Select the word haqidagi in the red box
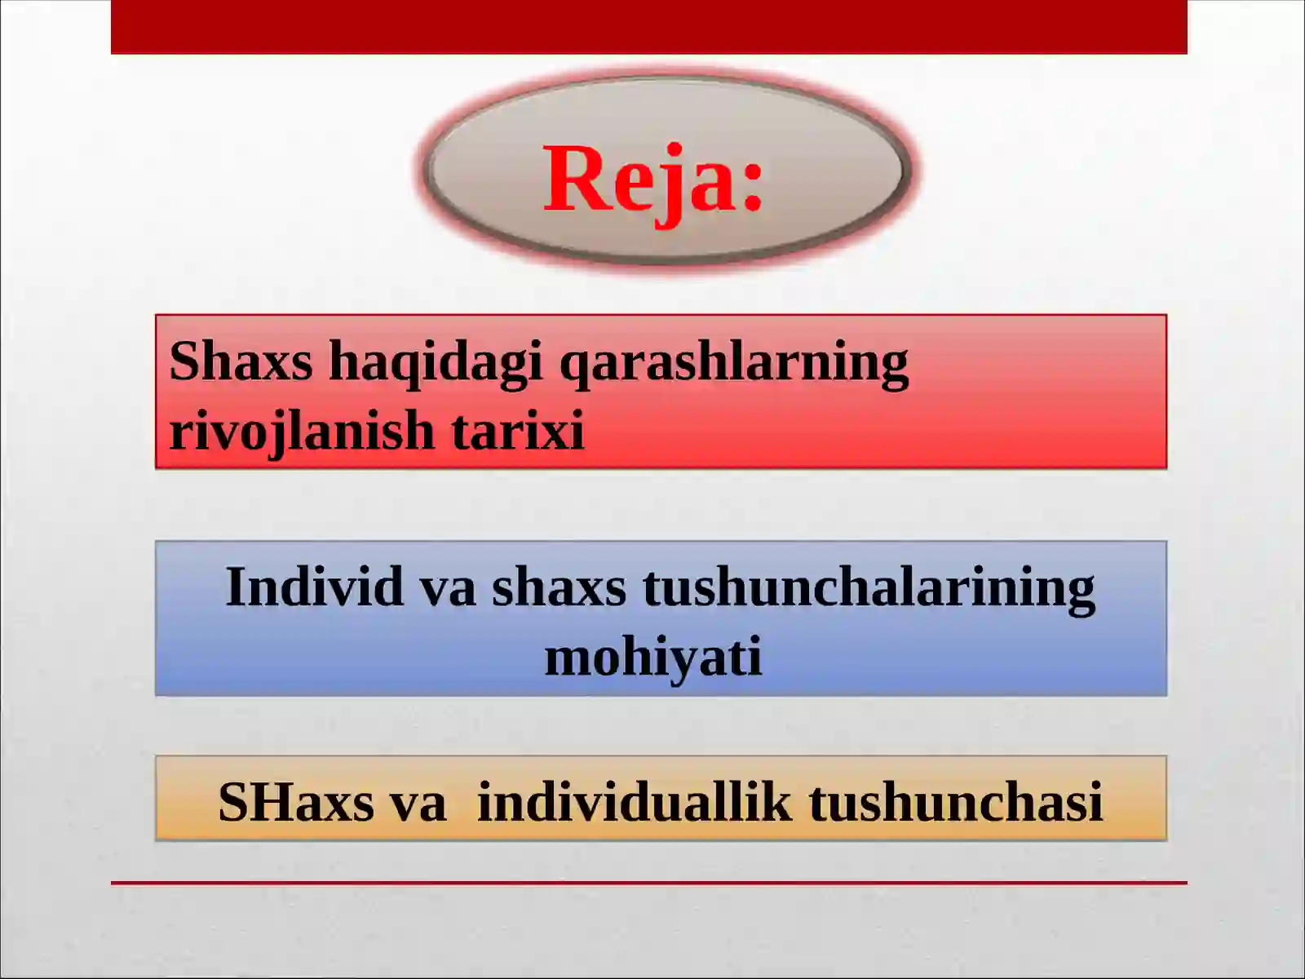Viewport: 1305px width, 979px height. (x=435, y=361)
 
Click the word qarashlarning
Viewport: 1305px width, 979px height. (x=733, y=361)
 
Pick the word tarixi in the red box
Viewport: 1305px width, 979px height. (x=518, y=431)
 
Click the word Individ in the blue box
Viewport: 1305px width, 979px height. (x=314, y=587)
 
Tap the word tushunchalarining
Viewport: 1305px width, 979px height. (x=869, y=588)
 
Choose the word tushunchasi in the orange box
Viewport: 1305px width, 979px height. (x=956, y=802)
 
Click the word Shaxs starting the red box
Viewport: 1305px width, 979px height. (x=241, y=361)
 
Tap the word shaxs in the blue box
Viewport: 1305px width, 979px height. (x=559, y=588)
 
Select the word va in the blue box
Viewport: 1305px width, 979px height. (x=448, y=588)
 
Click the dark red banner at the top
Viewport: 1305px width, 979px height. (x=648, y=27)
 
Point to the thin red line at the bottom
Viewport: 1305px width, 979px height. (x=648, y=883)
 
